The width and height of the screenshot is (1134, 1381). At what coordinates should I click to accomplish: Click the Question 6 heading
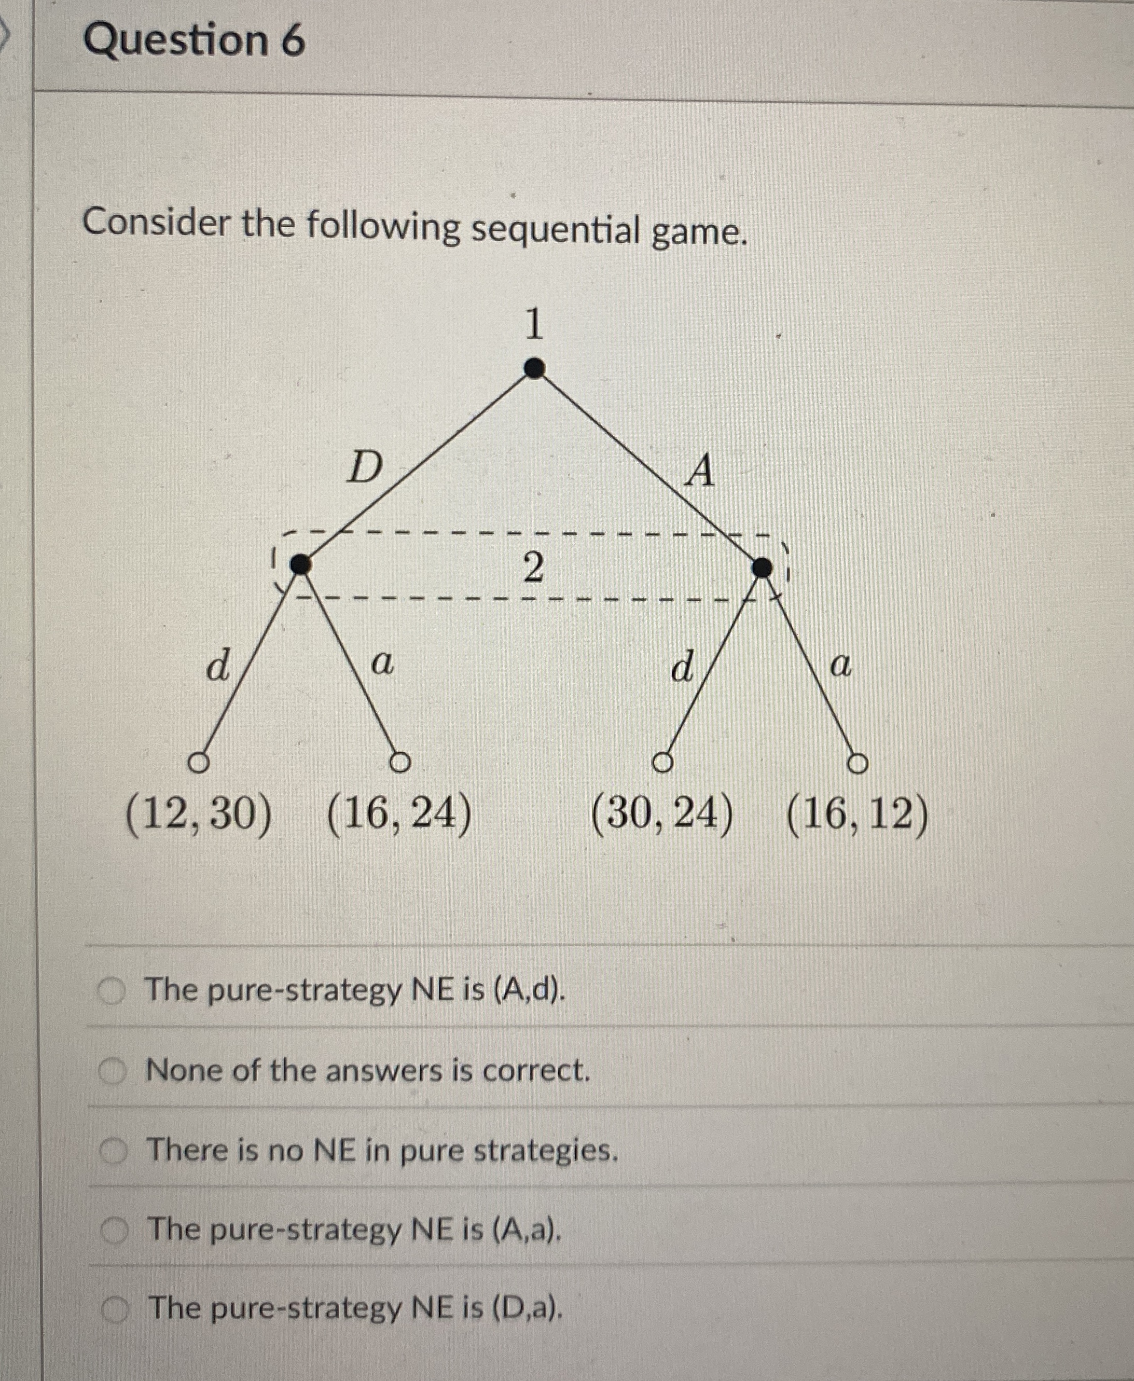click(x=194, y=40)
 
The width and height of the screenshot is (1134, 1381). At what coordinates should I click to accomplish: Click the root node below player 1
click(x=534, y=368)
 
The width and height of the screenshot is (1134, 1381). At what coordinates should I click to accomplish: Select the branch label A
click(x=700, y=471)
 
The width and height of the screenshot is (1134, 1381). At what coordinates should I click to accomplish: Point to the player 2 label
click(x=533, y=567)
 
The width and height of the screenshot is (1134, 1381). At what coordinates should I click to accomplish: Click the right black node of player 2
click(x=762, y=568)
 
